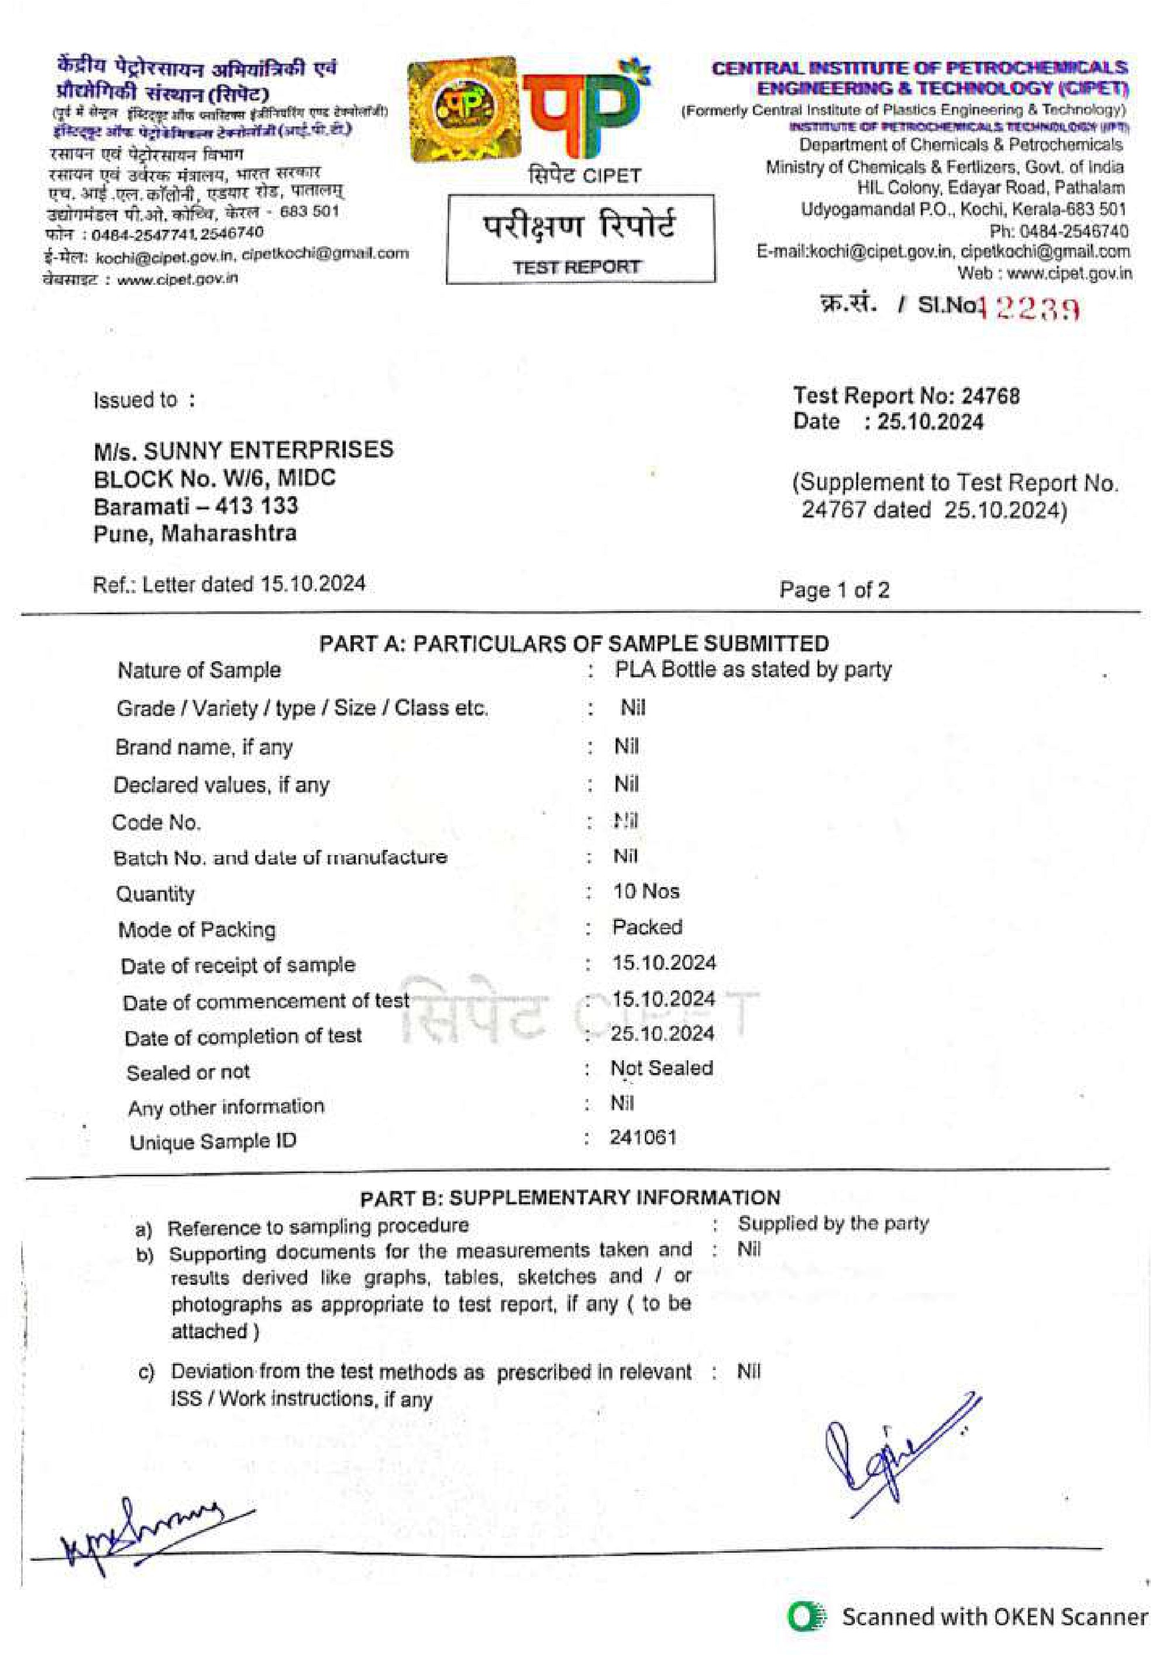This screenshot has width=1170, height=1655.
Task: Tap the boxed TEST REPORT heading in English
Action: click(576, 267)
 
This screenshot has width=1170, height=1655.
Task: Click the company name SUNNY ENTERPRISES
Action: click(268, 450)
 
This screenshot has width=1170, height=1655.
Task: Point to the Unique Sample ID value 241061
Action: click(643, 1137)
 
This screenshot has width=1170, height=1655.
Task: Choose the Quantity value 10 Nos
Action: click(646, 892)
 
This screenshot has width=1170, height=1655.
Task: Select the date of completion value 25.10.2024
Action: click(662, 1034)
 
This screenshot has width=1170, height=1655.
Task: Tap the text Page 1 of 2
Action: click(834, 590)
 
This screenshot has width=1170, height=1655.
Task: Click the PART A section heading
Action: click(574, 643)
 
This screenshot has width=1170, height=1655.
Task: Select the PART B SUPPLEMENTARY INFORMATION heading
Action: click(570, 1197)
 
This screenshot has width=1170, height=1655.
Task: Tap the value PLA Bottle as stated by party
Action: click(753, 669)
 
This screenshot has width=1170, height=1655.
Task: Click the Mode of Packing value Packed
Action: click(646, 927)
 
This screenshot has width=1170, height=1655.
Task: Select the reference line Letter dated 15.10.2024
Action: click(229, 583)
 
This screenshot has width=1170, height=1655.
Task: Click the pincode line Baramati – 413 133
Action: click(195, 506)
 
